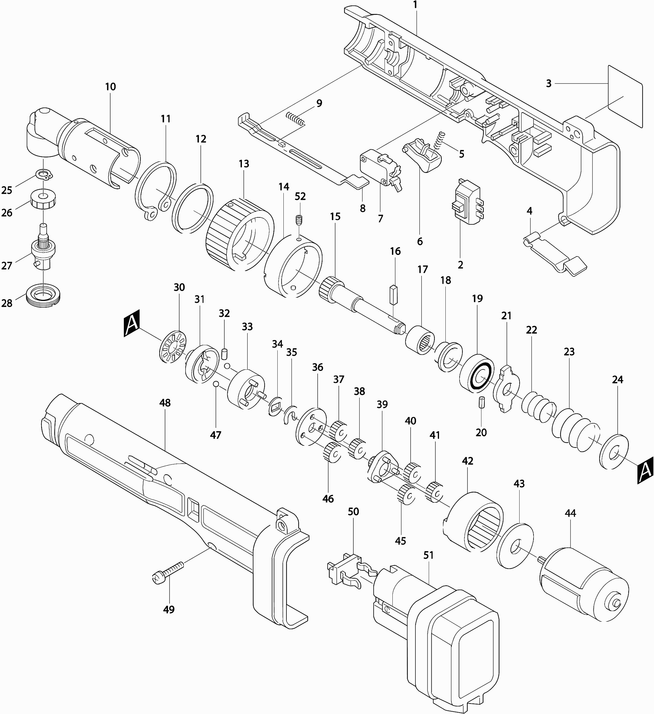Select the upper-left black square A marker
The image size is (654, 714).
[x=132, y=323]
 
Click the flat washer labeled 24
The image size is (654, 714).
[x=614, y=451]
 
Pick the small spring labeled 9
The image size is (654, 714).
[x=295, y=119]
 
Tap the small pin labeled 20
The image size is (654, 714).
[x=481, y=404]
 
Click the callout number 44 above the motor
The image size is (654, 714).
[x=570, y=513]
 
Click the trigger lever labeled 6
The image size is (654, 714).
[x=424, y=156]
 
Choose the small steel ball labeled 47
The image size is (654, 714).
[x=215, y=385]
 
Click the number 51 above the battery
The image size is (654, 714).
[x=428, y=555]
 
